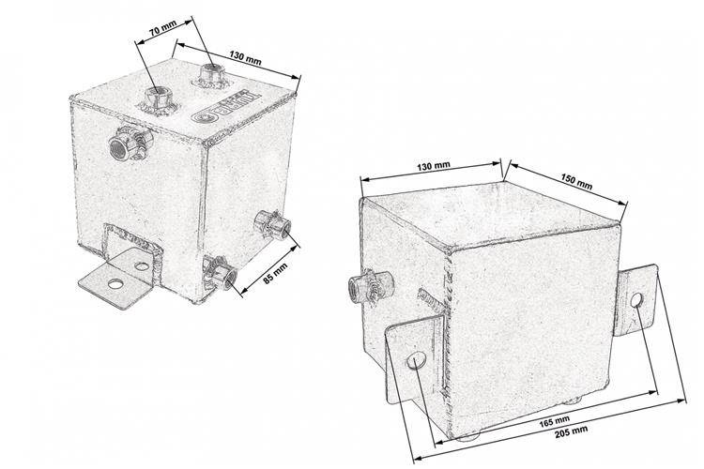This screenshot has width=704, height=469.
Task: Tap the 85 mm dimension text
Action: [276, 272]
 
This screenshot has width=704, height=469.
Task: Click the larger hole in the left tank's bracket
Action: [115, 282]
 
